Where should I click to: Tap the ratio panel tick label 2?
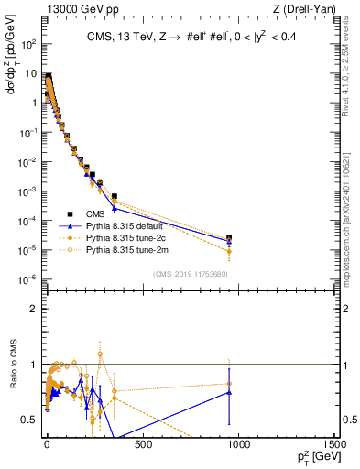31,309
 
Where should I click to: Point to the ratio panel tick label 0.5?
27,420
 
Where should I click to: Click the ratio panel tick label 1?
31,365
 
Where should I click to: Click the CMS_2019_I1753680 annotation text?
190,273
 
